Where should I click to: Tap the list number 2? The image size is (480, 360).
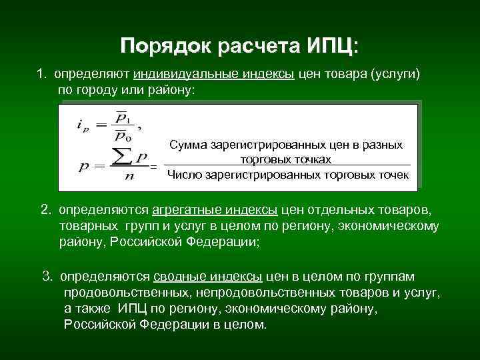(x=45, y=210)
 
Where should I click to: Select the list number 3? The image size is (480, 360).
(x=47, y=277)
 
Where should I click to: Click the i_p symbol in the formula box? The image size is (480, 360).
(x=83, y=125)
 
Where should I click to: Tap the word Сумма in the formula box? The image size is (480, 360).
(x=189, y=145)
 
